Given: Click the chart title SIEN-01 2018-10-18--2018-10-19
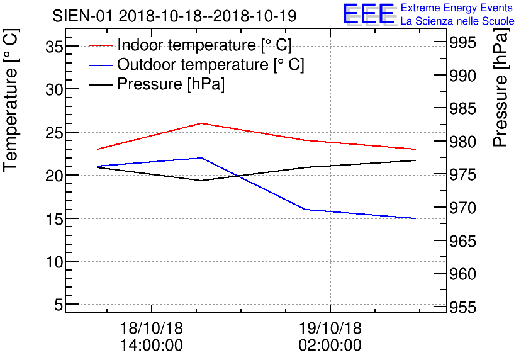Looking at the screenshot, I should tap(174, 15).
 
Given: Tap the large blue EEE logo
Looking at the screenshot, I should tap(369, 14).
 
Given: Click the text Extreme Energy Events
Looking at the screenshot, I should tap(457, 8).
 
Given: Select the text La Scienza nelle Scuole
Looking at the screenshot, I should tap(457, 21).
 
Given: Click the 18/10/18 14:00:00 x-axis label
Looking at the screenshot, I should tap(152, 337).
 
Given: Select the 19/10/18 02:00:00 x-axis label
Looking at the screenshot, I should tap(330, 337).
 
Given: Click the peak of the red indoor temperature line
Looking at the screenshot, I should tap(201, 123).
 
